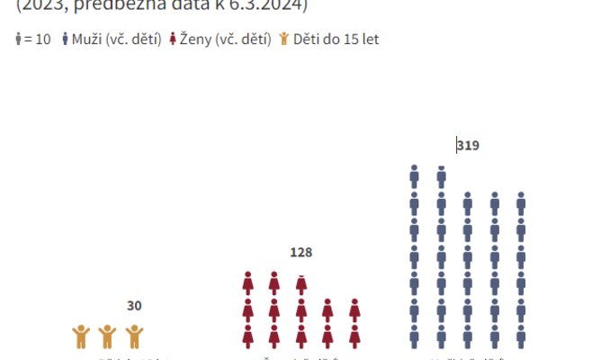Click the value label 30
click(x=134, y=306)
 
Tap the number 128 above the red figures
click(x=300, y=253)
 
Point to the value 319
click(x=468, y=145)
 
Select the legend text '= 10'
click(x=38, y=40)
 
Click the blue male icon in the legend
click(x=66, y=40)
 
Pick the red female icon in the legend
click(x=172, y=40)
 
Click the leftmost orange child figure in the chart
click(x=81, y=337)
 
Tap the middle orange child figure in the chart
click(x=107, y=337)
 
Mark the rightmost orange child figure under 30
click(x=134, y=337)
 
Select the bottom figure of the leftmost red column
click(x=248, y=337)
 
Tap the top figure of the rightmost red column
click(x=354, y=310)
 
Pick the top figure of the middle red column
click(x=301, y=283)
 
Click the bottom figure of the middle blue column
click(x=468, y=337)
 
